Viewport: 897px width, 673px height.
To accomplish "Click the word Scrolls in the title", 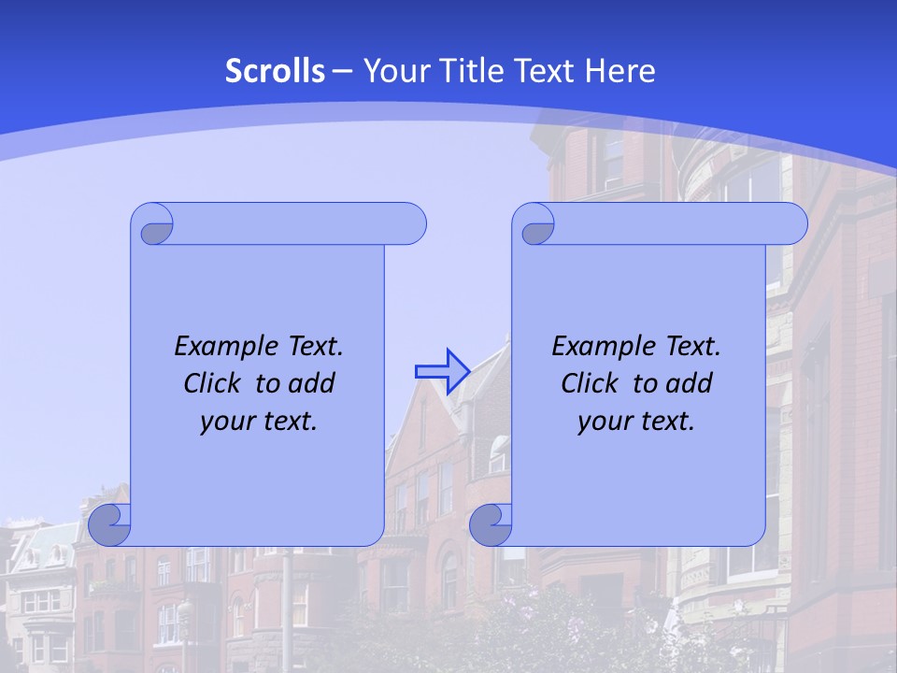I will (x=275, y=71).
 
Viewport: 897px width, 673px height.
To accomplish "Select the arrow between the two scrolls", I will (x=442, y=371).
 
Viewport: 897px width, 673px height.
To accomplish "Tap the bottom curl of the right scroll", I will (x=491, y=524).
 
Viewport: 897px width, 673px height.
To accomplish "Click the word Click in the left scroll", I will (x=211, y=383).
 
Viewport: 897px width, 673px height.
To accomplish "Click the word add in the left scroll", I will (x=313, y=383).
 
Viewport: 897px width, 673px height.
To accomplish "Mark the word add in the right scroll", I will (x=691, y=383).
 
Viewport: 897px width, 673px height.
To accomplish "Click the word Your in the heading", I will (x=392, y=71).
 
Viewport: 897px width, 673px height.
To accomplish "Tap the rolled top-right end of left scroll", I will (x=407, y=224).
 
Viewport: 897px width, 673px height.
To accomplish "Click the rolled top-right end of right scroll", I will (x=789, y=224).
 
